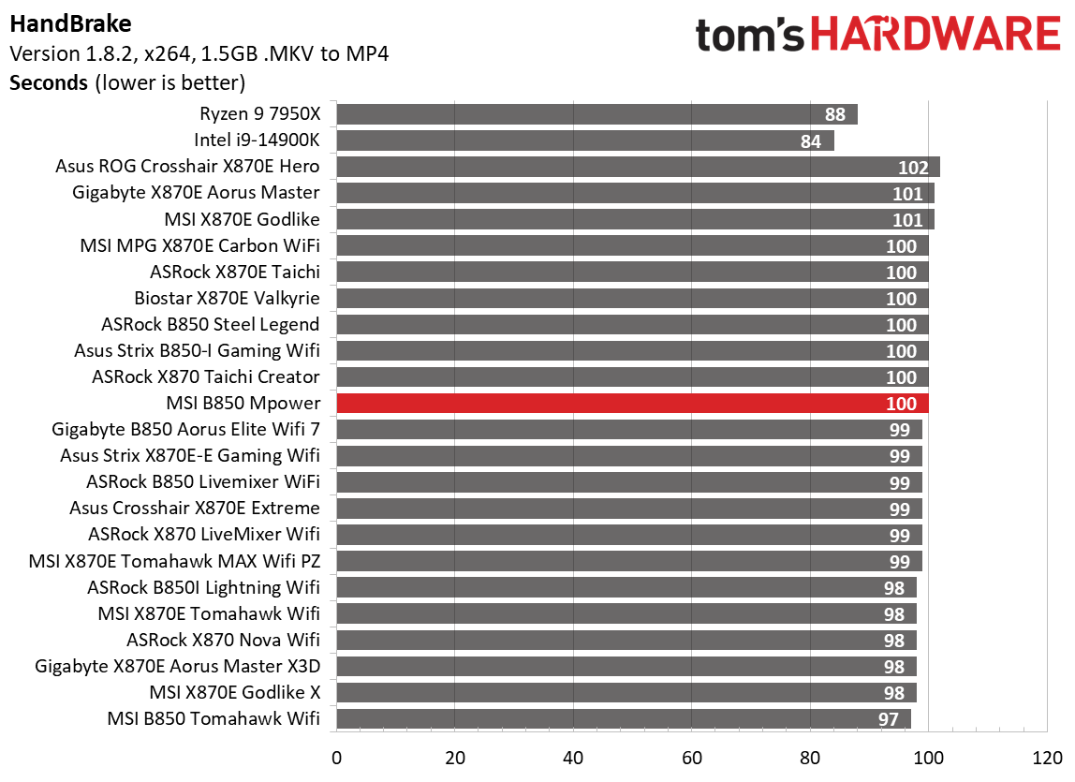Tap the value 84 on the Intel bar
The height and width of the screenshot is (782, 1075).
pyautogui.click(x=811, y=141)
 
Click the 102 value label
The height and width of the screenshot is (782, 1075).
pyautogui.click(x=912, y=168)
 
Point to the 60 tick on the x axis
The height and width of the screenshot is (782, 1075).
pyautogui.click(x=692, y=757)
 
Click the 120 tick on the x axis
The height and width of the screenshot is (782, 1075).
pyautogui.click(x=1047, y=757)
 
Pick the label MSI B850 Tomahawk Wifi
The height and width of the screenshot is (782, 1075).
pyautogui.click(x=213, y=718)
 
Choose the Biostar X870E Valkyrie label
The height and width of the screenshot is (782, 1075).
pyautogui.click(x=227, y=299)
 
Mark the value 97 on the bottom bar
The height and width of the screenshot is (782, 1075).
pyautogui.click(x=889, y=719)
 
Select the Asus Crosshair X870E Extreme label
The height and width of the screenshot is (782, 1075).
pyautogui.click(x=194, y=509)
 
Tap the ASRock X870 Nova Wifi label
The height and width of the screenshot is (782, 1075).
pyautogui.click(x=223, y=640)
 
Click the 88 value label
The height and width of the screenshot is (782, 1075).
pyautogui.click(x=835, y=115)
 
